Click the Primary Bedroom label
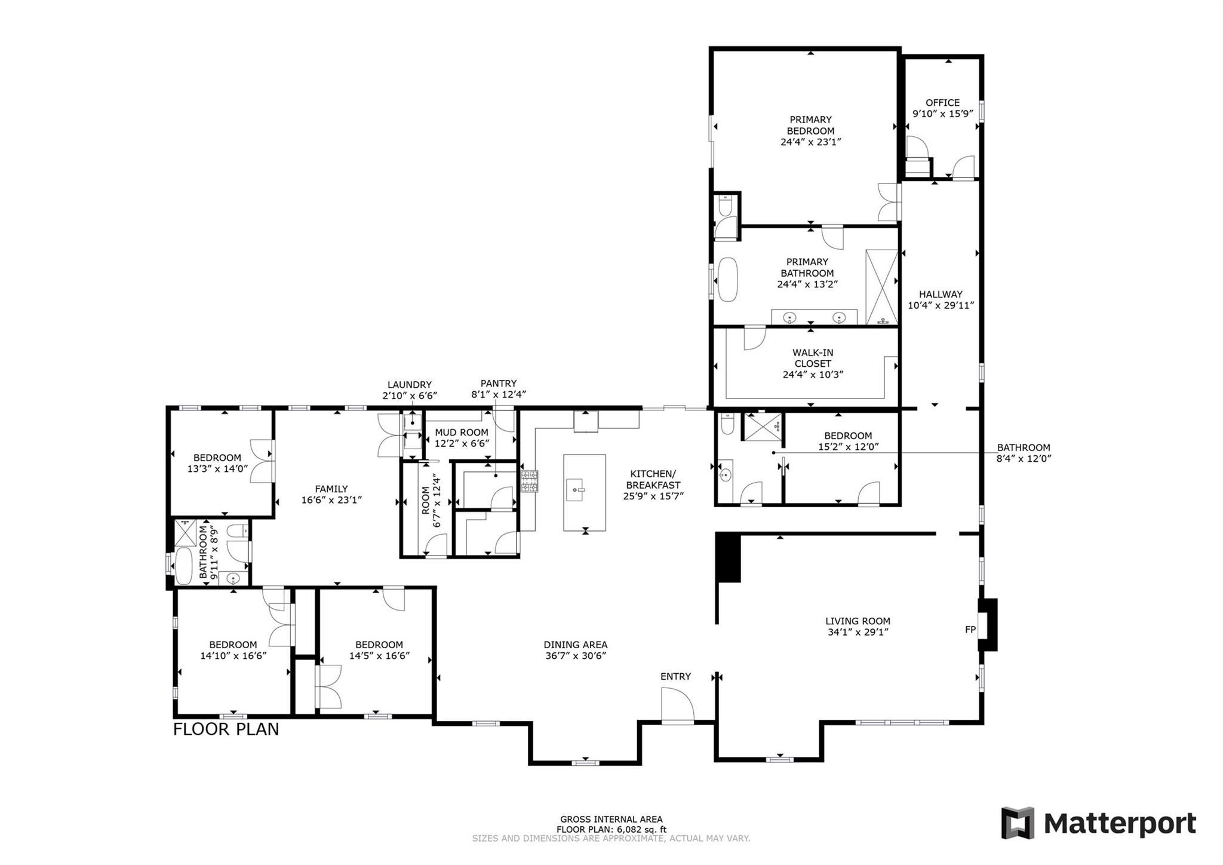810,125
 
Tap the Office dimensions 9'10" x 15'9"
942,114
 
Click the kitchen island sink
577,490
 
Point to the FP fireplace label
970,630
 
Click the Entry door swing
677,706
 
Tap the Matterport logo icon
1018,823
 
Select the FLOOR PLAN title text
226,729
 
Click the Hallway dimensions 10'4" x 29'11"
941,305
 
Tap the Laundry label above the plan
409,385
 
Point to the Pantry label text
498,384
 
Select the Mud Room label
461,432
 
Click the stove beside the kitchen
529,481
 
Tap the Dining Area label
575,645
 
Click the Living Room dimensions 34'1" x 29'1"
858,632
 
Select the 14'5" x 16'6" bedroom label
379,655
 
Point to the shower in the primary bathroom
881,287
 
